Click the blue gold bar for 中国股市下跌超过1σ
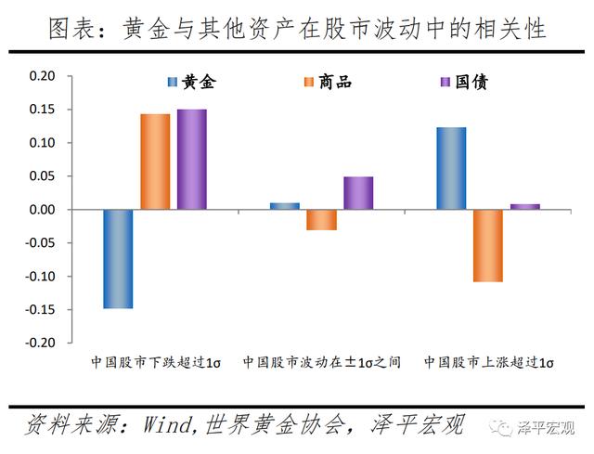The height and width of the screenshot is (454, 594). (118, 259)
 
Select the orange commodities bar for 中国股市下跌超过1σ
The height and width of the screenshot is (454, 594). (155, 162)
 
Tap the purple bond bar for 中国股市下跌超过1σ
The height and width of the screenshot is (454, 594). (191, 160)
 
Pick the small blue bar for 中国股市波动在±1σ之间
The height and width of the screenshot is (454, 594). (284, 206)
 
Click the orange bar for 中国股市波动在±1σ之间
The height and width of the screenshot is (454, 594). (321, 220)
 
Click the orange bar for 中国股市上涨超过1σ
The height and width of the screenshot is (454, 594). (487, 246)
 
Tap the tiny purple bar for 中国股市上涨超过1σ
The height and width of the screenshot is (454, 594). (524, 207)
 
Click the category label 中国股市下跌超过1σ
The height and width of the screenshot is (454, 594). (154, 362)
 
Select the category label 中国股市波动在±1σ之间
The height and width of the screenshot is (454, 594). (321, 362)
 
